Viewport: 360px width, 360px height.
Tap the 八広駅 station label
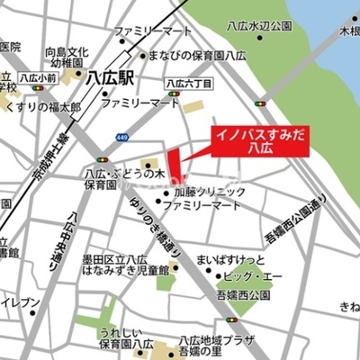(x=109, y=78)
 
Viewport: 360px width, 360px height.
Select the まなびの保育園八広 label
(x=193, y=55)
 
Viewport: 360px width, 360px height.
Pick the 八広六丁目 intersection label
(x=189, y=84)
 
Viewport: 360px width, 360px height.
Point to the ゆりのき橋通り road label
(x=148, y=226)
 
